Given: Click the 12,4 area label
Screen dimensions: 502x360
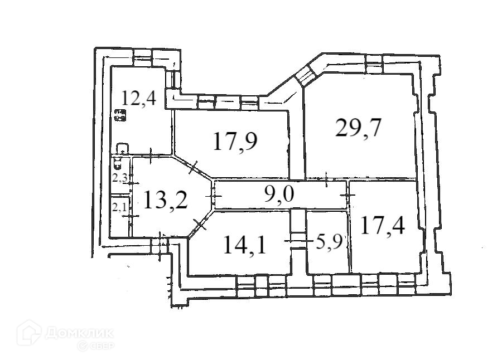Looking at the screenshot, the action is tap(139, 99).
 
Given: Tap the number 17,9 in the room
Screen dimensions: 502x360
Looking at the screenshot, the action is tap(235, 141).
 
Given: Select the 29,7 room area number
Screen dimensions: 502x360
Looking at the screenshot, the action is tap(358, 128).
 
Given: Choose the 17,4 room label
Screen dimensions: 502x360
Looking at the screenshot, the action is tap(382, 225).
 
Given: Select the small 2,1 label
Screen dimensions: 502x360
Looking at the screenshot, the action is tap(119, 207).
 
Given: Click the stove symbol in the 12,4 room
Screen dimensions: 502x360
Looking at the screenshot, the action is tap(120, 116).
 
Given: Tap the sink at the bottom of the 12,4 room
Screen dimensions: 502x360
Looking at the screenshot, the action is tap(123, 148).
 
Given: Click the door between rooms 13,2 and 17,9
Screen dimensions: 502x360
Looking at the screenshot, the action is tap(194, 167).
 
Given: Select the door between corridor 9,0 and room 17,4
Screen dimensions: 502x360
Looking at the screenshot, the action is tap(349, 195).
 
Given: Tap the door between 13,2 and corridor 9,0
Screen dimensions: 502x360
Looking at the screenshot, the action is tap(215, 196).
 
